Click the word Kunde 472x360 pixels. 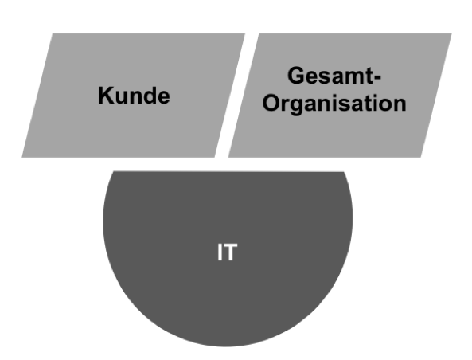134,96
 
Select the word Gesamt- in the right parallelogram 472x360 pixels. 334,76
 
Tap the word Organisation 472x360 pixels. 334,104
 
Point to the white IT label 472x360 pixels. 228,252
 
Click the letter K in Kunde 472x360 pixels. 105,96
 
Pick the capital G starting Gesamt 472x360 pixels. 296,76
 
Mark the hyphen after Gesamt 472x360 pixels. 378,77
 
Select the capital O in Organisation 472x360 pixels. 271,103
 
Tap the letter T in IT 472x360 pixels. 231,252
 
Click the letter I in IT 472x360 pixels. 220,252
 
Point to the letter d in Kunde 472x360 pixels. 148,96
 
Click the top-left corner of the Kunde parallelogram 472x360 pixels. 53,33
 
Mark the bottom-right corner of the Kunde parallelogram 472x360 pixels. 215,157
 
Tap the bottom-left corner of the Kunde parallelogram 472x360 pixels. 21,157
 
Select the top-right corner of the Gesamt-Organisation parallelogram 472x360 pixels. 452,33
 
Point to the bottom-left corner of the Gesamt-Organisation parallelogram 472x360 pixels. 228,157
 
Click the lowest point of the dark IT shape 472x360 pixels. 228,346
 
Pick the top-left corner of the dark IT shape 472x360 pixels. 113,171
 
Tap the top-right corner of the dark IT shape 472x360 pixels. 344,172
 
